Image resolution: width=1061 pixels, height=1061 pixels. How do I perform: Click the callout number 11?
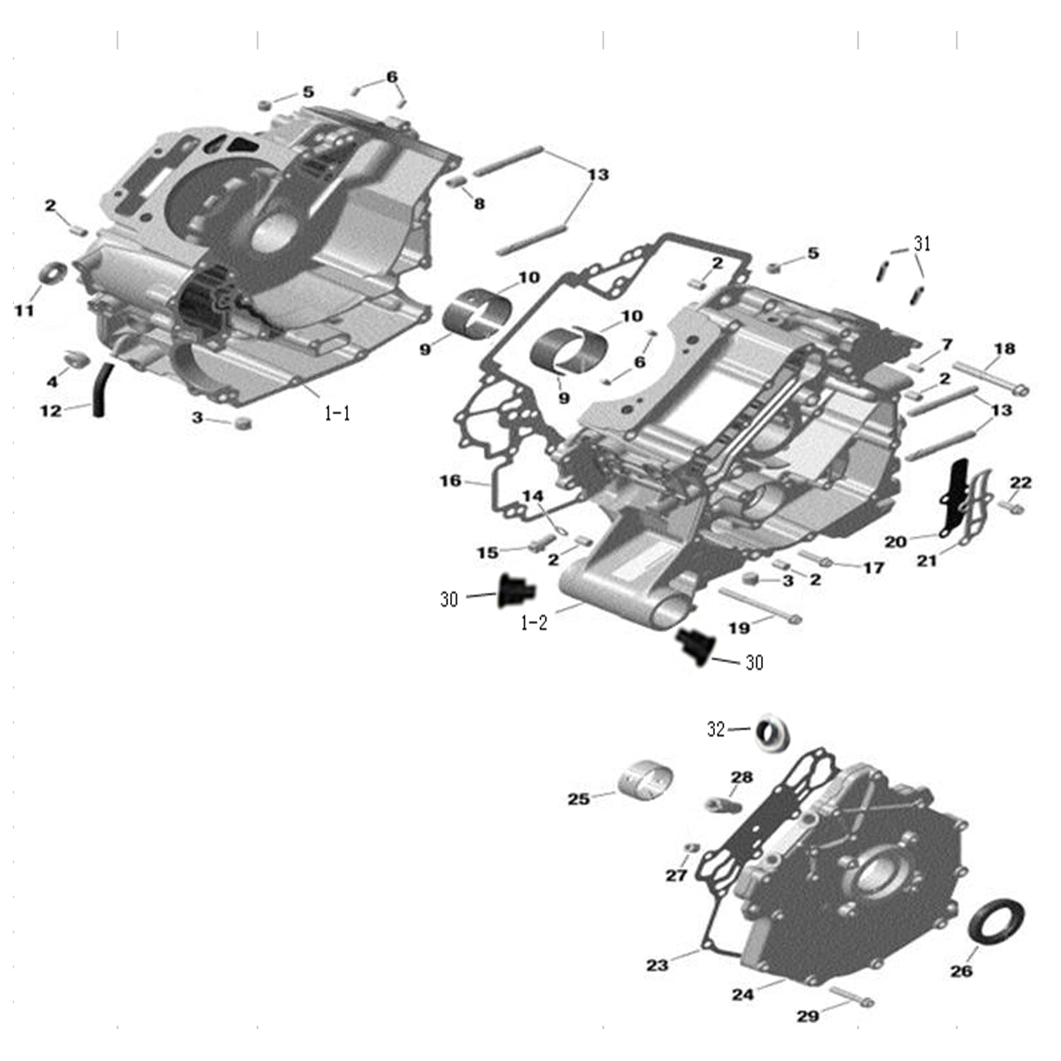25,310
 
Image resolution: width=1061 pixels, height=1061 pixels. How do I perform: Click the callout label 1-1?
337,414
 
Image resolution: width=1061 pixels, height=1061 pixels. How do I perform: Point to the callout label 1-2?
534,623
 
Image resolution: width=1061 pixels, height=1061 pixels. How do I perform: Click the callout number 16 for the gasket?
451,481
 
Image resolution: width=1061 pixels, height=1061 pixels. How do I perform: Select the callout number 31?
922,244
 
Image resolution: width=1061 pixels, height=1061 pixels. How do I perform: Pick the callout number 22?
1021,482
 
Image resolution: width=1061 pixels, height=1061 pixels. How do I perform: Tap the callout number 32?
717,729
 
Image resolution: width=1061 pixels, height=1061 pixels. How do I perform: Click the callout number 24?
743,995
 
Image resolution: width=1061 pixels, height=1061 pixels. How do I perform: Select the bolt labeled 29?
851,997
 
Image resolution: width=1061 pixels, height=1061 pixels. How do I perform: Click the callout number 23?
657,965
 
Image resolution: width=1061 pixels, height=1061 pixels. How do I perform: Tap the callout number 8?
480,204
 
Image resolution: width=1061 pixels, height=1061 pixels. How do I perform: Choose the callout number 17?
874,567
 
